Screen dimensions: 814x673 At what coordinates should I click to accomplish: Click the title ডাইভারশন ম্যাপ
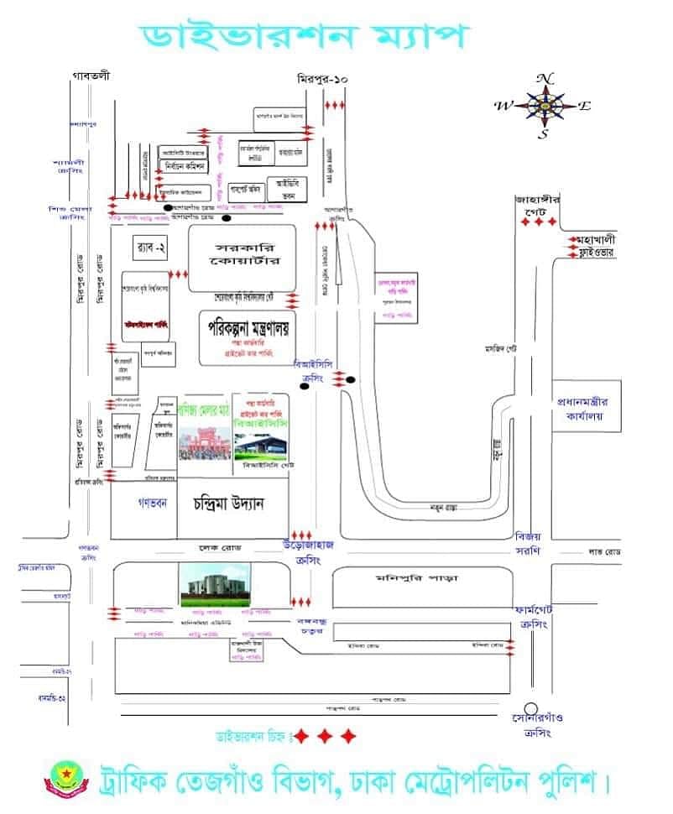coord(304,37)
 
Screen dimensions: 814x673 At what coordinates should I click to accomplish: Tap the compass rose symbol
coord(545,105)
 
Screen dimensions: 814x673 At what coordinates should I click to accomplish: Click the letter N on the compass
coord(545,78)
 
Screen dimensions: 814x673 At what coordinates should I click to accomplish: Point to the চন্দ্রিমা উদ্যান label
coord(229,504)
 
